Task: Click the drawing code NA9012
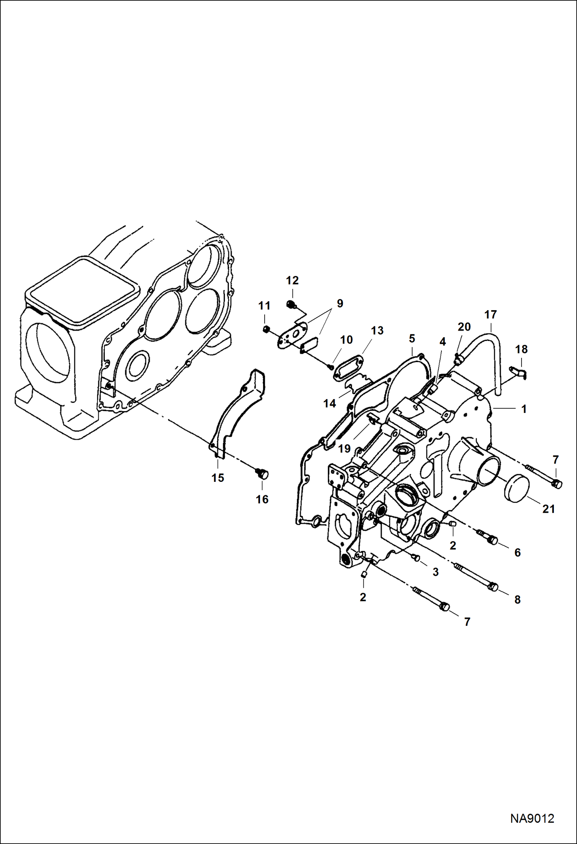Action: pos(532,818)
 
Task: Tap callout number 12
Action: pos(292,281)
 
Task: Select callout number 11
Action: pos(264,306)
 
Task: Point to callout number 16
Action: pos(262,500)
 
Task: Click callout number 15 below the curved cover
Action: pos(218,478)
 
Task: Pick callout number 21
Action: pos(548,509)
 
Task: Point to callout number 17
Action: pos(490,315)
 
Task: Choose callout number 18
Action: pos(521,349)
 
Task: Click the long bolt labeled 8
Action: pos(474,577)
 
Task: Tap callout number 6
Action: pos(517,553)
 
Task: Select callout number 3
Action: pos(435,572)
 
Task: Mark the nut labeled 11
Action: pos(265,329)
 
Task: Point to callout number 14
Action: pos(330,403)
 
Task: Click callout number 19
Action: pos(344,448)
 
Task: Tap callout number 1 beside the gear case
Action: pos(523,409)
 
